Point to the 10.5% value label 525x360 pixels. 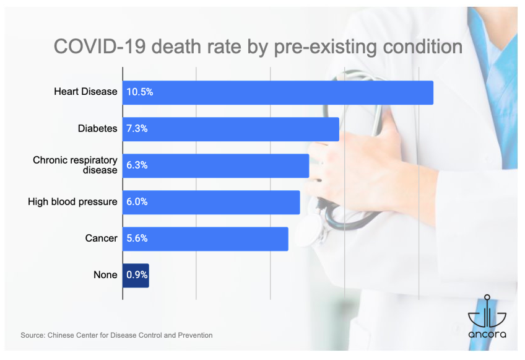[x=139, y=92]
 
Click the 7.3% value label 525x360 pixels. [x=137, y=129]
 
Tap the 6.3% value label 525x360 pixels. [x=137, y=165]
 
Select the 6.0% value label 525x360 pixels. [x=137, y=202]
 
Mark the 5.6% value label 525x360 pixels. [x=137, y=239]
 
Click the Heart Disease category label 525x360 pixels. [x=85, y=92]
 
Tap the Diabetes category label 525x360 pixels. [x=97, y=128]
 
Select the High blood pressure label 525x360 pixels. [x=72, y=201]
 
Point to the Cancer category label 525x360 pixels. [x=101, y=238]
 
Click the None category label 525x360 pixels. [x=105, y=274]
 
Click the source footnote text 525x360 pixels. [x=116, y=335]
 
